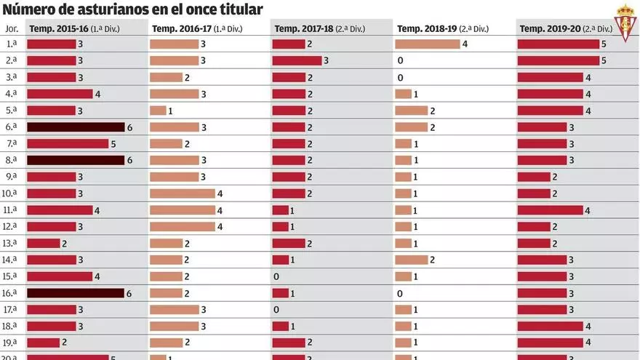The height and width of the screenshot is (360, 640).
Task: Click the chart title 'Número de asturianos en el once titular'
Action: (x=133, y=9)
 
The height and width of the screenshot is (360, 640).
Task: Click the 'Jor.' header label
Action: (x=12, y=28)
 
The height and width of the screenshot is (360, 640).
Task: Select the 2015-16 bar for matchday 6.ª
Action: (x=76, y=127)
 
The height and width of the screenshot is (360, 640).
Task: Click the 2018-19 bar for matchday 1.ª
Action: (x=428, y=44)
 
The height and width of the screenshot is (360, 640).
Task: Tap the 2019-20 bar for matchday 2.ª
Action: (x=558, y=60)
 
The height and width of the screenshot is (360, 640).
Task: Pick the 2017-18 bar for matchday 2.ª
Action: (x=297, y=60)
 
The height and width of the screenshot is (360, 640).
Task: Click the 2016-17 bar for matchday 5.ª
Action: (x=158, y=111)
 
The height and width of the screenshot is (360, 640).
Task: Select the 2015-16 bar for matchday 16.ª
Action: (x=76, y=293)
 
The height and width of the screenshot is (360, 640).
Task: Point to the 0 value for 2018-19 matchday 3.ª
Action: (x=400, y=77)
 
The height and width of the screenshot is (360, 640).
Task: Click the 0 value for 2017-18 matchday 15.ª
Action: (x=276, y=277)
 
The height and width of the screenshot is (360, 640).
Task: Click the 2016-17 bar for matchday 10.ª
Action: (x=182, y=193)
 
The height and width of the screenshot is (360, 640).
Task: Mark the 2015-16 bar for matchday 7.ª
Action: (x=68, y=144)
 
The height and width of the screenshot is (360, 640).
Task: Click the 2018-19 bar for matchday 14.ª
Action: (x=412, y=260)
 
